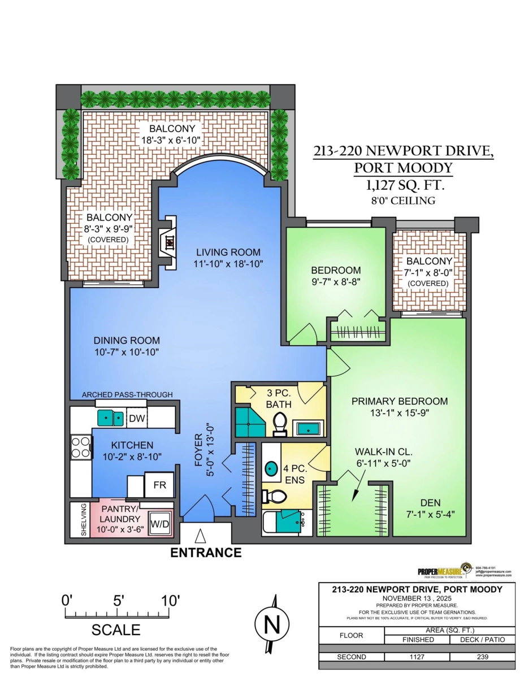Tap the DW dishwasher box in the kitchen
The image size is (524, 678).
click(x=136, y=419)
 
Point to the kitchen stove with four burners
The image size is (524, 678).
click(x=81, y=447)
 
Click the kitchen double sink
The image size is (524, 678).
click(x=111, y=418)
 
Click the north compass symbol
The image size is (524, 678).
click(x=272, y=624)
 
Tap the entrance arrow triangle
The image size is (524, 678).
click(x=200, y=535)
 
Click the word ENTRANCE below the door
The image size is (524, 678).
click(x=206, y=553)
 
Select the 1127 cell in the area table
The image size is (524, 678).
click(x=417, y=657)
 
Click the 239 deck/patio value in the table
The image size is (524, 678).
click(x=482, y=657)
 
